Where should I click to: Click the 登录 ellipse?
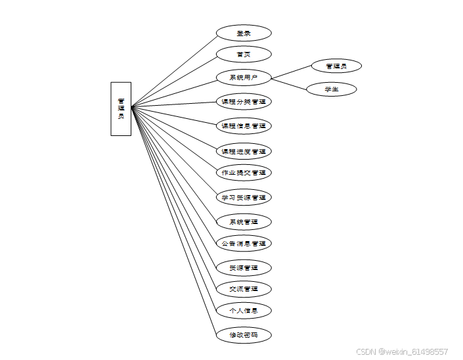(x=244, y=33)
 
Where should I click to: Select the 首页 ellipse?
(x=244, y=54)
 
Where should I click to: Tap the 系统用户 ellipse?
(x=244, y=78)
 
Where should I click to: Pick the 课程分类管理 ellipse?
(x=244, y=102)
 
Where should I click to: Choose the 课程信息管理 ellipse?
(x=244, y=125)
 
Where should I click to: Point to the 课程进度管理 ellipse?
(x=244, y=151)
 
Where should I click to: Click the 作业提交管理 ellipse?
(x=244, y=173)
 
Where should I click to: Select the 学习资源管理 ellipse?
(x=244, y=197)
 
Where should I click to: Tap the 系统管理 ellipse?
(x=244, y=221)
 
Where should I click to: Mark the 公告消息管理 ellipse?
(x=244, y=243)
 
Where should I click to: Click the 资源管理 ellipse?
(x=244, y=267)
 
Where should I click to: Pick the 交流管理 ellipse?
(x=244, y=288)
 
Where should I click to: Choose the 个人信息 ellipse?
(x=244, y=310)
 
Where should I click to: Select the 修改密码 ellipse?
(x=244, y=335)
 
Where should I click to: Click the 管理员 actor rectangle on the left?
(x=121, y=108)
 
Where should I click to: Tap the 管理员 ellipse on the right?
(x=336, y=66)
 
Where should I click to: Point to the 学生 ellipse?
(x=332, y=89)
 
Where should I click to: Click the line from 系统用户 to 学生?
(x=289, y=83)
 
